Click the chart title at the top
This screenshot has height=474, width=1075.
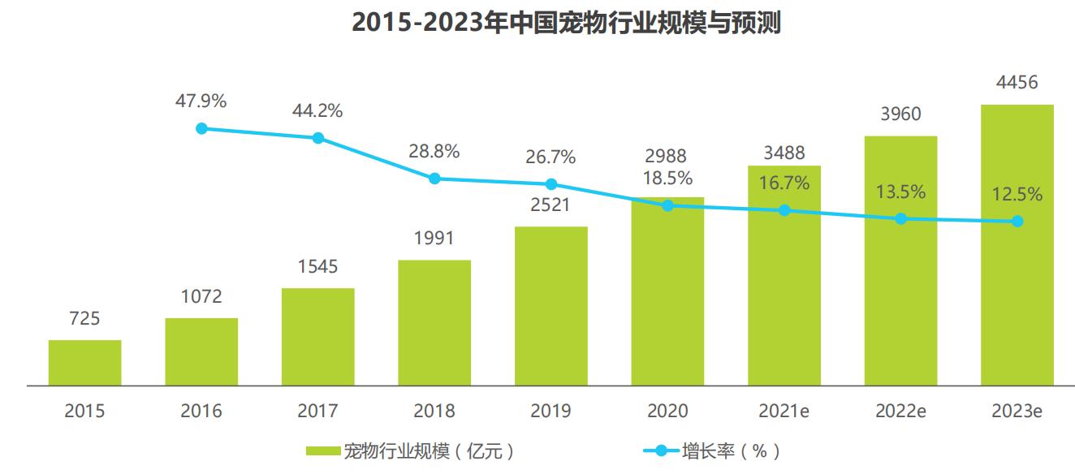coord(566,23)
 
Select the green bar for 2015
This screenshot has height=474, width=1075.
coord(84,363)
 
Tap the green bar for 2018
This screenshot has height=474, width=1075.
coord(434,322)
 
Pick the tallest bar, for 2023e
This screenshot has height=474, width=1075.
coord(1017,244)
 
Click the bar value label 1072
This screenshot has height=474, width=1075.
coord(201,297)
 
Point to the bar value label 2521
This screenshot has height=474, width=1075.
coord(551,205)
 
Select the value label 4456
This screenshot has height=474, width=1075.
coord(1017,83)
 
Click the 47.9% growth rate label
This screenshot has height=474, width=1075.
coord(201,101)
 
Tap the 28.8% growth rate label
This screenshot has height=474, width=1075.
coord(434,151)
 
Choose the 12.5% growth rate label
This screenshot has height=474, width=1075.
coord(1017,195)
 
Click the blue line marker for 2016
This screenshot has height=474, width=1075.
coord(201,128)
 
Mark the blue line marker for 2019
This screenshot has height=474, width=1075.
coord(551,184)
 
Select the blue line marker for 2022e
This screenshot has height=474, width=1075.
coord(900,219)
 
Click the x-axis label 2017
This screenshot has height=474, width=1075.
coord(317,412)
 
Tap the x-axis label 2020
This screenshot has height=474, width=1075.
coord(667,412)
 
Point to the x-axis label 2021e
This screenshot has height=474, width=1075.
coord(784,412)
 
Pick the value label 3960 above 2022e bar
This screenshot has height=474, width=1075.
coord(900,114)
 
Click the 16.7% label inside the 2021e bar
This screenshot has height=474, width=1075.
coord(784,183)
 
